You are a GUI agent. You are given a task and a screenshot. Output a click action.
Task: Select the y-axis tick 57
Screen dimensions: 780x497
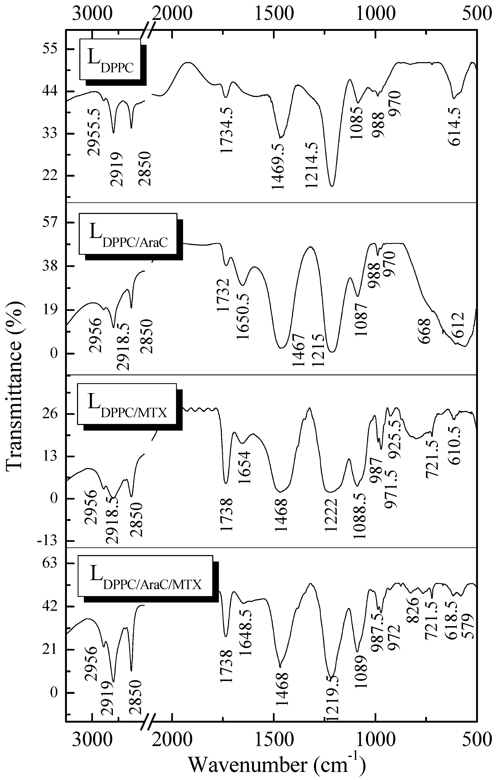pyautogui.click(x=49, y=222)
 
